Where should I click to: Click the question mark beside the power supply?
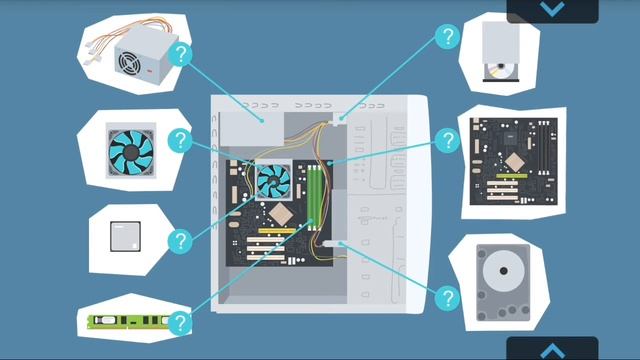180,54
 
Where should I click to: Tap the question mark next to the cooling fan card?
180,141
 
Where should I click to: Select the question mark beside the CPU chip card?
180,241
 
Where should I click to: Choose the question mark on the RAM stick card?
180,323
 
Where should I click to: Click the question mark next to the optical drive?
447,39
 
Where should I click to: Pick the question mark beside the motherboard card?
448,141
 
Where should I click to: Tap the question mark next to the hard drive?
447,297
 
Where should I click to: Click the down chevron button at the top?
551,9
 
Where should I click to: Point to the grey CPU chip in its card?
127,237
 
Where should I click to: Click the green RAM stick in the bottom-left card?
125,322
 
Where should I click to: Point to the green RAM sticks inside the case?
313,196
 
